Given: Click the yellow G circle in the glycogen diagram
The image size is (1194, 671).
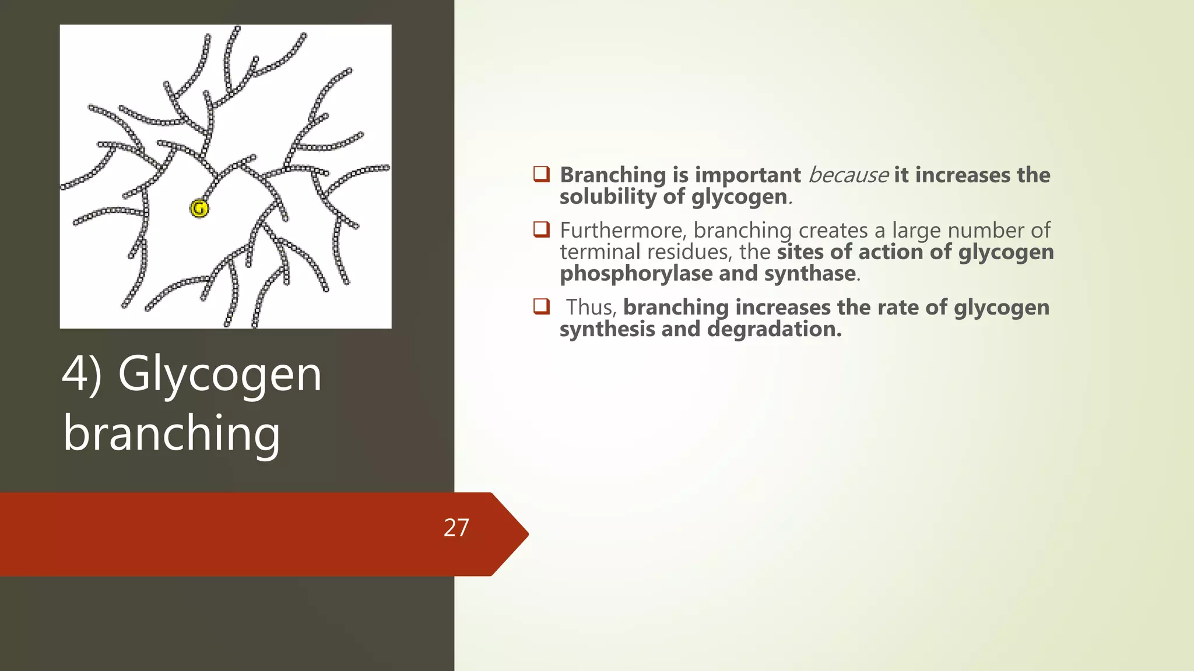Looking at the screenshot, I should tap(199, 208).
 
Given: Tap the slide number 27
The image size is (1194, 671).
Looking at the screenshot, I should tap(456, 528).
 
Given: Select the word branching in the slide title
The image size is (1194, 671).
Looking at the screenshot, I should tap(172, 433).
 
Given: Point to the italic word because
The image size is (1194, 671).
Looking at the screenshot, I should tap(848, 175).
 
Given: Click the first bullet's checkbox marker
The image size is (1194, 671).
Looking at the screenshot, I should tap(542, 174).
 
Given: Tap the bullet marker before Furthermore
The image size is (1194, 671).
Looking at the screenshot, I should tap(542, 229).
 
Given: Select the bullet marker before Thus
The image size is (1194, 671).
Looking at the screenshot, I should tap(542, 306).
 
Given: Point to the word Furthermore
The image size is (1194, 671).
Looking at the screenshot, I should tap(623, 230).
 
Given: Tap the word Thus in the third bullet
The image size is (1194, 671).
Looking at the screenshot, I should tap(591, 307).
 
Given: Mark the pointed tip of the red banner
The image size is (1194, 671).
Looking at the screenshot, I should tap(526, 534).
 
